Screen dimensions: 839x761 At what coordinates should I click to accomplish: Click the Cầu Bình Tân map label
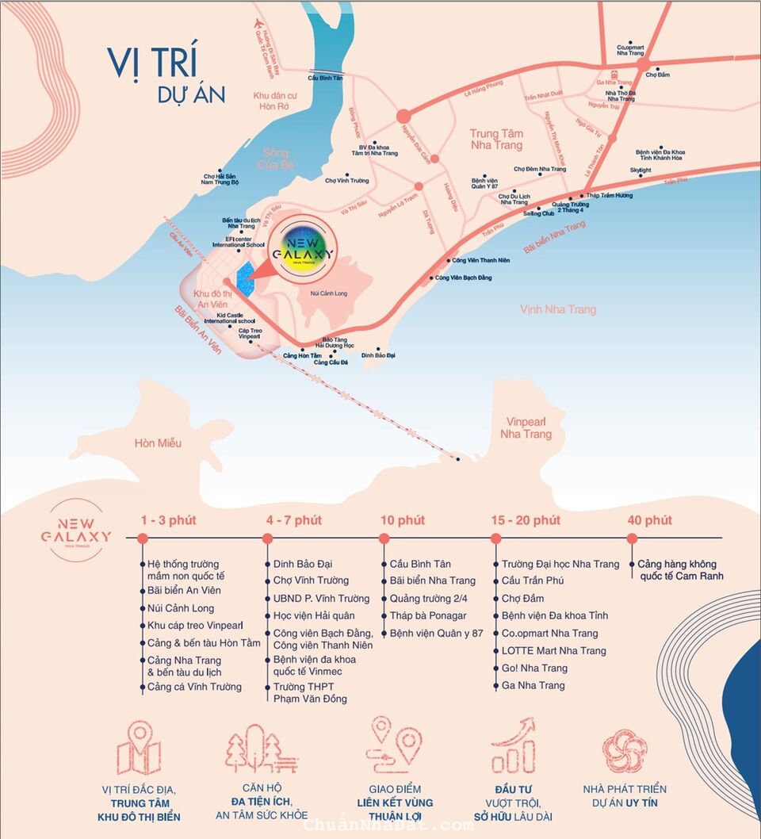[x=326, y=78]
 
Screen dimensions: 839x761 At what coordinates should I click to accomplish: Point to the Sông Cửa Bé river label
[x=275, y=159]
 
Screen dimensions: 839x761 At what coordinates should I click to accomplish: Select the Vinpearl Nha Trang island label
[x=526, y=428]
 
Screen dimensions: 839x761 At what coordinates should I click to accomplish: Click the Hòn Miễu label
[x=158, y=442]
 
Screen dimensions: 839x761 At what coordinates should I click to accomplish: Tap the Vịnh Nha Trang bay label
[x=558, y=309]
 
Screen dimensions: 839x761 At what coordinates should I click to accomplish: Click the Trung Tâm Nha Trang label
[x=496, y=140]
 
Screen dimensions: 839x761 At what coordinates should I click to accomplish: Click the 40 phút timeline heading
[x=649, y=520]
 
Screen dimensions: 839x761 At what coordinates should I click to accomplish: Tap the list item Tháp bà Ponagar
[x=428, y=615]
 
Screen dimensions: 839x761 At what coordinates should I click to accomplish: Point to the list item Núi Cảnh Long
[x=181, y=608]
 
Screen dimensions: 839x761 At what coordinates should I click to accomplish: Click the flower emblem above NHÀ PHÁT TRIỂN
[x=625, y=749]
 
